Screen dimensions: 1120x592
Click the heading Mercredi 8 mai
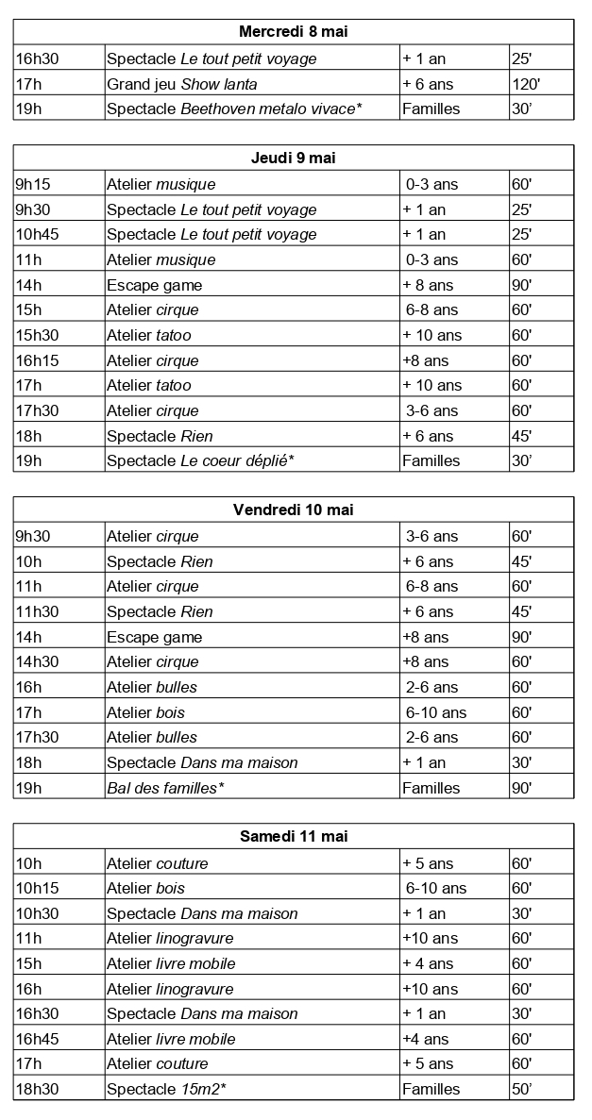coord(293,33)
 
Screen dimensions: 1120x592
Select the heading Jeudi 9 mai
coord(293,159)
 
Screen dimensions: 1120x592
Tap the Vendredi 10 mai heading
coord(293,510)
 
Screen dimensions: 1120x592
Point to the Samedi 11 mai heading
coord(293,837)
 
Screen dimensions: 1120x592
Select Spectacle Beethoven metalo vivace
coord(234,109)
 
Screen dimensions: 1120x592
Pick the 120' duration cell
coord(526,84)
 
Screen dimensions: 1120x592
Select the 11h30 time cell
coord(37,611)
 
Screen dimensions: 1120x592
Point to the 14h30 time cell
coord(37,661)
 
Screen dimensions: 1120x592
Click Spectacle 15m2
coord(166,1089)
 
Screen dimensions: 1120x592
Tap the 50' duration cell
coord(522,1089)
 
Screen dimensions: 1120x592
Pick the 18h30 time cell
coord(37,1089)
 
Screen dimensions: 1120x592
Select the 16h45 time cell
coord(37,1039)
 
